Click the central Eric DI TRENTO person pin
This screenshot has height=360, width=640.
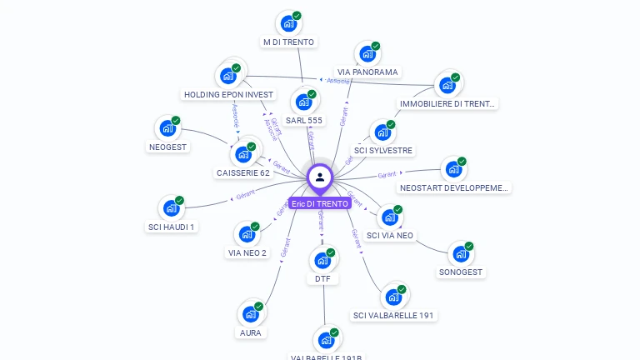(320, 177)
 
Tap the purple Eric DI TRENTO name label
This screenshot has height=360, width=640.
(320, 203)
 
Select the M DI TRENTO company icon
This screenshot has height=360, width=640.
(288, 22)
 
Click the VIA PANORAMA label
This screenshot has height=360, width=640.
(367, 72)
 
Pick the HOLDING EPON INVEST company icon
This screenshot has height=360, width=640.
(227, 75)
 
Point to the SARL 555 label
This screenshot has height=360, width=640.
(304, 121)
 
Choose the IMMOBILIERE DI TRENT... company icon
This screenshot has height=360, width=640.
(448, 84)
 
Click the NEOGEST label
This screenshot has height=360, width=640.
(168, 147)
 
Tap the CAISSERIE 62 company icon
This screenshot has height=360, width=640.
(243, 154)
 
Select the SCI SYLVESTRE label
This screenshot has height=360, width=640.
(383, 151)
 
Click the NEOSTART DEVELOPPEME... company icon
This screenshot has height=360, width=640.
(453, 169)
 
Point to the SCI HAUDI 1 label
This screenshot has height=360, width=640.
(171, 227)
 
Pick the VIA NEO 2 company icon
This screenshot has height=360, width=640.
(247, 234)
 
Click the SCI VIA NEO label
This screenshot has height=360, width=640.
(390, 236)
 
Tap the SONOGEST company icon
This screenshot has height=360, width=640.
(461, 254)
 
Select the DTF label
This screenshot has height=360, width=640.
(322, 279)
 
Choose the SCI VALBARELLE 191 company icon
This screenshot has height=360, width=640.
(393, 297)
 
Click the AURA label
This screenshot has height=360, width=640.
(250, 332)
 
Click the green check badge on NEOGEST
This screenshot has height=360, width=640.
(176, 121)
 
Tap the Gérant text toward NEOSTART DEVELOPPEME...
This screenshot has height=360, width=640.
(386, 175)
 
